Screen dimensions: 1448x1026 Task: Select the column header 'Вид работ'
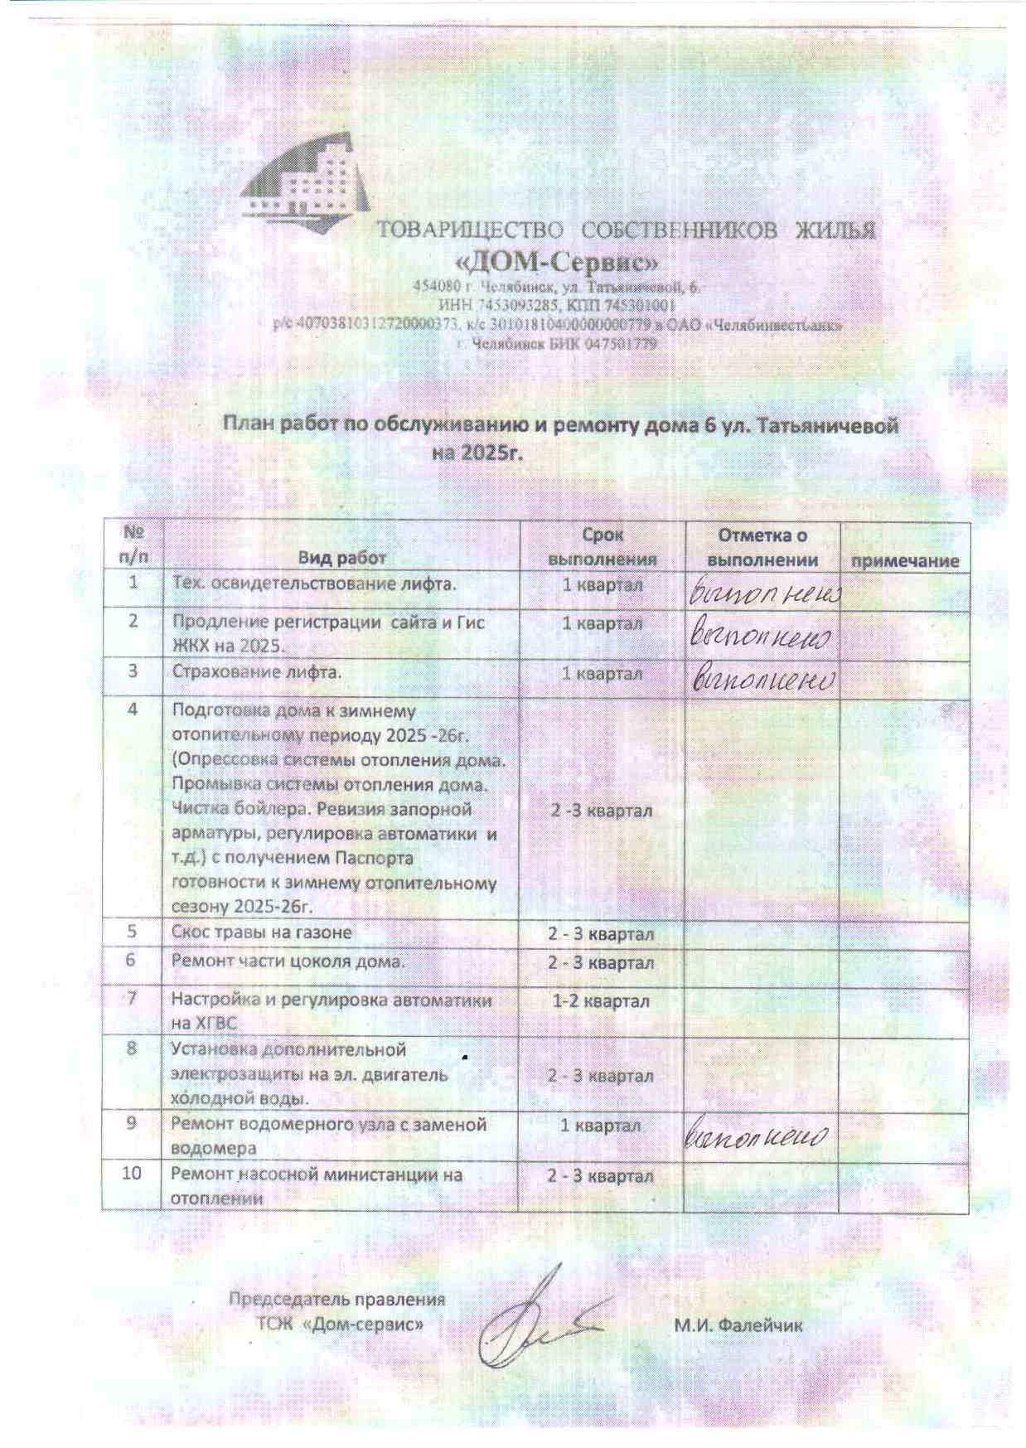[341, 558]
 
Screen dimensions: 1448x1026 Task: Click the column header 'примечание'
[904, 560]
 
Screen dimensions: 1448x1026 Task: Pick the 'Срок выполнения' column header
[602, 547]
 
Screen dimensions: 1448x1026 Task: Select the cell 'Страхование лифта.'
[256, 671]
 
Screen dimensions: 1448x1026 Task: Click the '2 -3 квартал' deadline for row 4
[602, 810]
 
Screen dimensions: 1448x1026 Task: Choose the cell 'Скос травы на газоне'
[261, 932]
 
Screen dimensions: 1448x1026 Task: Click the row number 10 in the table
[132, 1173]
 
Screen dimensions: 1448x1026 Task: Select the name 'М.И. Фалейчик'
[738, 1325]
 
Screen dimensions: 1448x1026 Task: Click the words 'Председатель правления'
[336, 1299]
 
